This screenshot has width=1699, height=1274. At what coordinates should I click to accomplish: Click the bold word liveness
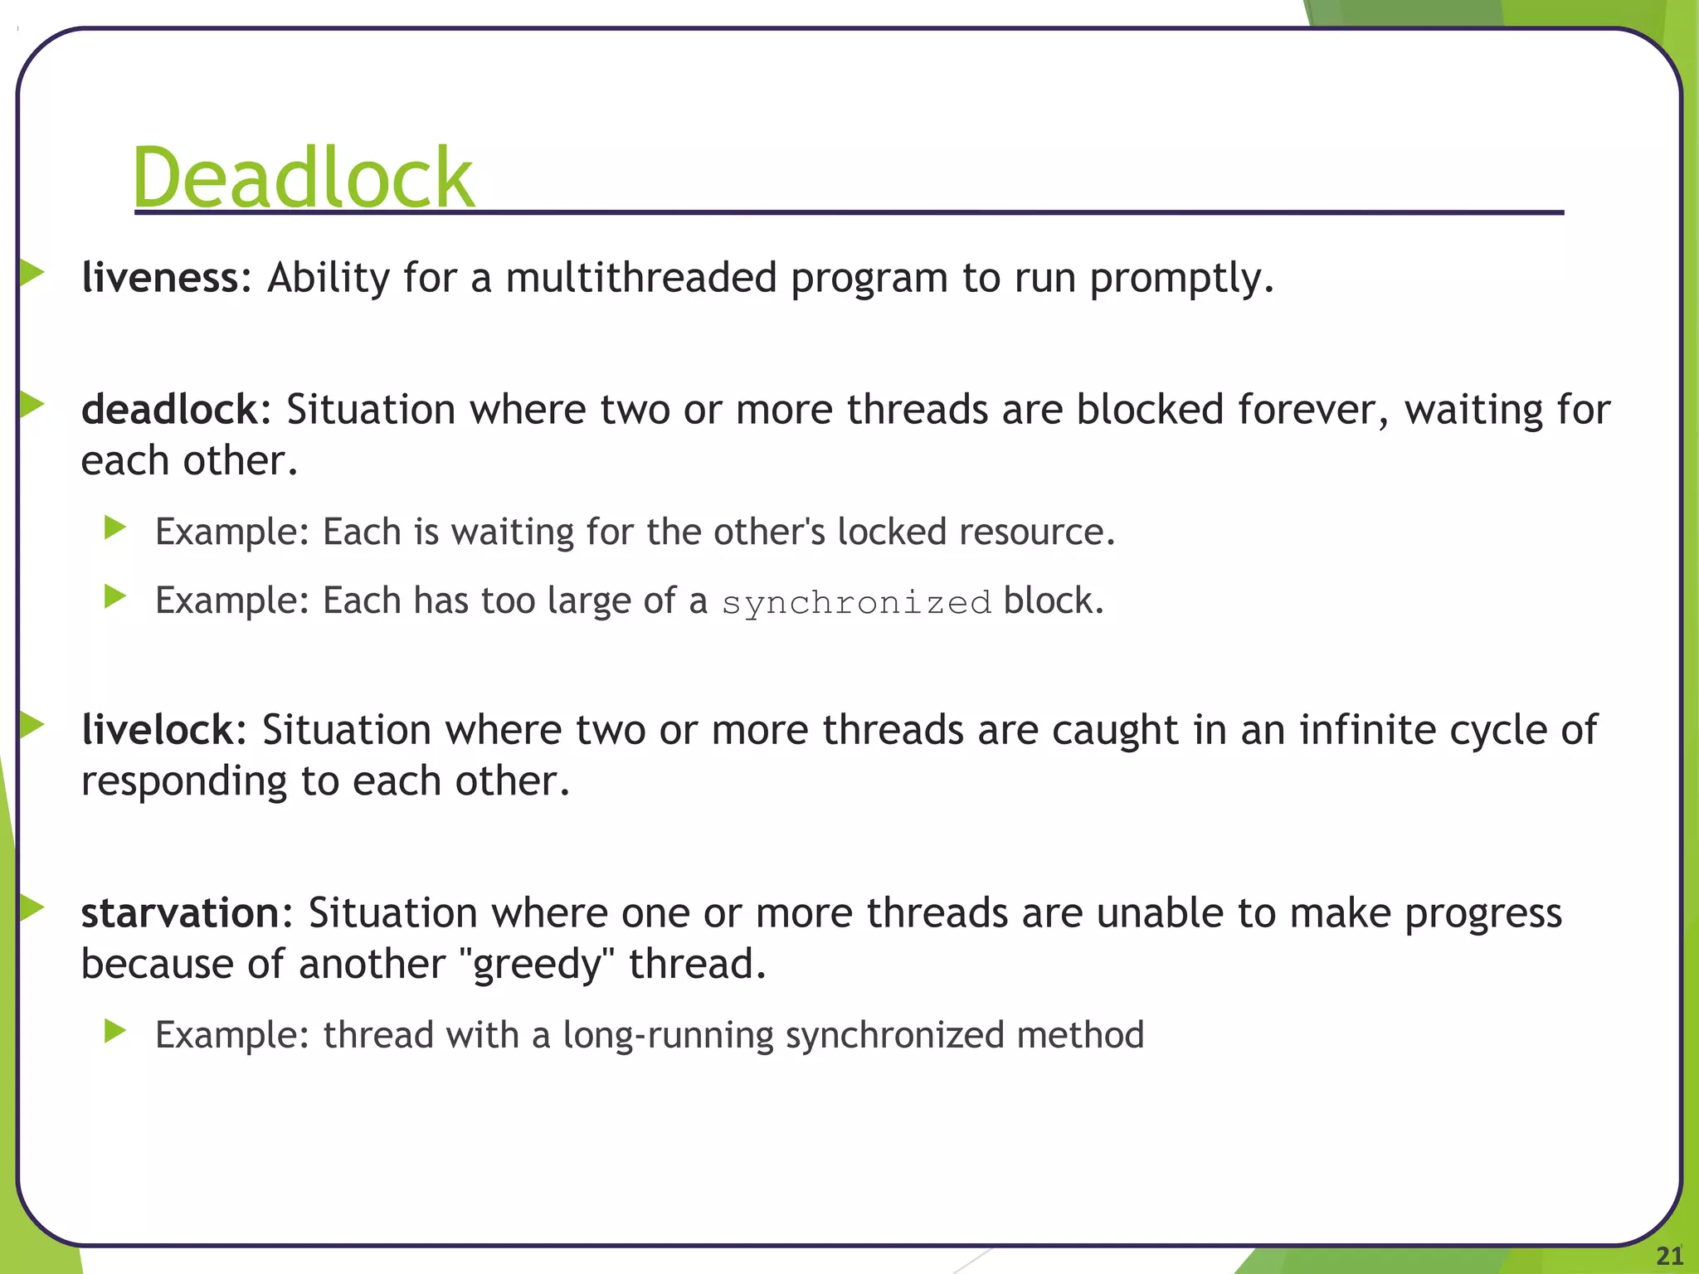coord(160,277)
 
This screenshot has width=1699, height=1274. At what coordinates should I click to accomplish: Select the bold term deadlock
coord(170,410)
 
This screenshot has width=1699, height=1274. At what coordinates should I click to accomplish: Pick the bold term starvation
coord(180,913)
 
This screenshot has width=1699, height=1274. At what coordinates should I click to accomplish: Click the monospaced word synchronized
coord(856,602)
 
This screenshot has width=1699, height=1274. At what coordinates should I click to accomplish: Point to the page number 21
coord(1669,1256)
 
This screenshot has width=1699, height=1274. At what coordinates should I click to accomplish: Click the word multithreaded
coord(641,277)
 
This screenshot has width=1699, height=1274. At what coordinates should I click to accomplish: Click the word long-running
coord(668,1035)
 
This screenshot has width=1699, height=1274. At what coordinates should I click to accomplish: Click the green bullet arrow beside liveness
coord(32,272)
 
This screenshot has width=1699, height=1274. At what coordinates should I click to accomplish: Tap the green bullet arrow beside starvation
coord(32,908)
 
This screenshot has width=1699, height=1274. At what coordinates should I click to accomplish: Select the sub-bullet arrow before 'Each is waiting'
coord(115,527)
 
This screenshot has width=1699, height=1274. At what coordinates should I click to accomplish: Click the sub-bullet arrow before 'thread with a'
coord(115,1031)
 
